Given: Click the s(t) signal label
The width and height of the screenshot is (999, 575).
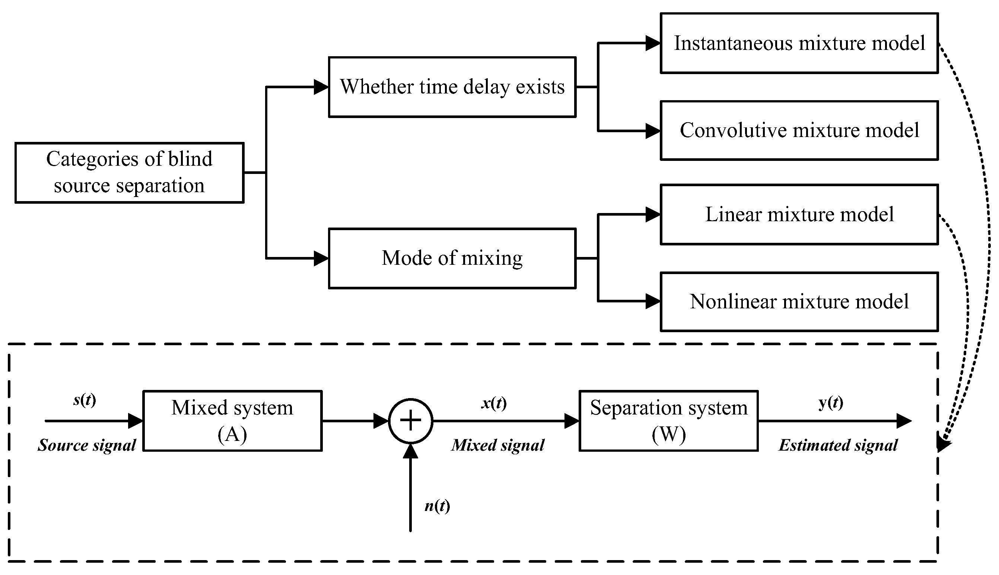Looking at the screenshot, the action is click(85, 400).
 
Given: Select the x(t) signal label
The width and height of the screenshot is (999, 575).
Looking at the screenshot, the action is click(494, 403).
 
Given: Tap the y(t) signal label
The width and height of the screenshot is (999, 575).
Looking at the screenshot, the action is click(831, 403).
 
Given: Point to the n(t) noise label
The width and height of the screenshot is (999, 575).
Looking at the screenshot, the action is click(438, 506).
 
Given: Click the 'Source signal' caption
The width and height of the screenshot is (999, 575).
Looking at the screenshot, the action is click(87, 445).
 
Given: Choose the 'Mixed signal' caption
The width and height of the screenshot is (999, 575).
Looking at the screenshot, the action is click(498, 445).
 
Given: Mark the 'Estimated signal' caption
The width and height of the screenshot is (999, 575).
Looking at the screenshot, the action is click(838, 445).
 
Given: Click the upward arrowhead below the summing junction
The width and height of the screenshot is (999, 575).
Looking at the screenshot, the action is click(411, 451).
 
